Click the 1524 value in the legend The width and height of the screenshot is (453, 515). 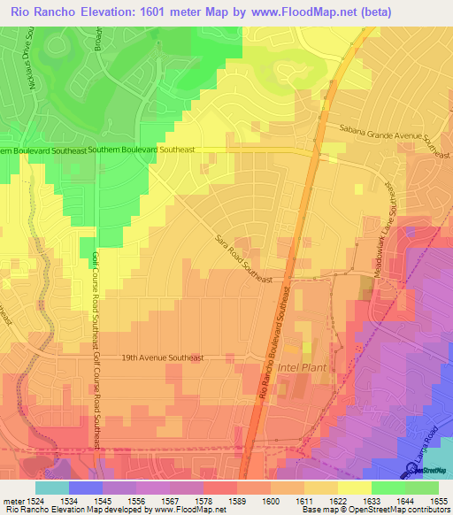tap(53, 500)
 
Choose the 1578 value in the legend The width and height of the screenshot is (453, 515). tap(187, 500)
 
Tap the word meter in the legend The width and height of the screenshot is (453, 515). tap(19, 500)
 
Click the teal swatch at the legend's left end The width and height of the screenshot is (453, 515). tap(52, 487)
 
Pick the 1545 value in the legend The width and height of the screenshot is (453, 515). tap(119, 500)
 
